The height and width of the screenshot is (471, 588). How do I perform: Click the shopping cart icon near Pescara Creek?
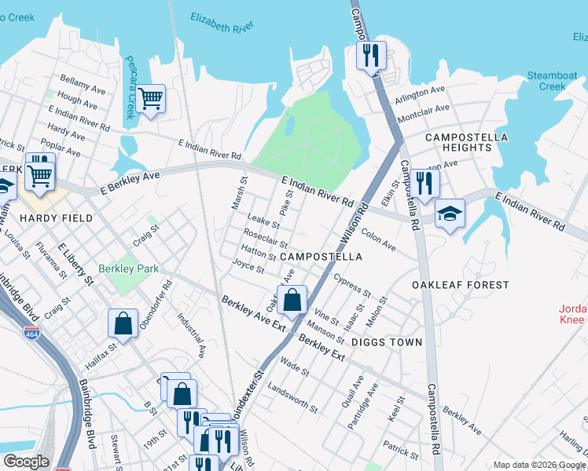pos(150,99)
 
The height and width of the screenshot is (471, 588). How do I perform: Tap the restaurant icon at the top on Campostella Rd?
pos(370,56)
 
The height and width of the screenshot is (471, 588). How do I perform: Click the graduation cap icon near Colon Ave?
pos(450,214)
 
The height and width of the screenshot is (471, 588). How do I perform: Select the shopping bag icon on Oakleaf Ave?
pos(292,300)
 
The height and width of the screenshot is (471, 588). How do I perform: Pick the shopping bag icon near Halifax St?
pos(123,323)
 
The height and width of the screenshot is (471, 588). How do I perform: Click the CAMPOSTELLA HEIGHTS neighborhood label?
pos(466,142)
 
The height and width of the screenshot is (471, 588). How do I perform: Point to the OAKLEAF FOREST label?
pos(460,285)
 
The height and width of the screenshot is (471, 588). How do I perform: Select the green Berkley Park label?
pos(128,268)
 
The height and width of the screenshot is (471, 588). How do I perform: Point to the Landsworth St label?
pos(292,398)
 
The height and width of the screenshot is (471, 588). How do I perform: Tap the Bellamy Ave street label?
pos(83,86)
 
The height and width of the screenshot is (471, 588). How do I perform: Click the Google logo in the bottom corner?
pos(26,462)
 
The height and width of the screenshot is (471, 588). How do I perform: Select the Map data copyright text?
pos(539,465)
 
